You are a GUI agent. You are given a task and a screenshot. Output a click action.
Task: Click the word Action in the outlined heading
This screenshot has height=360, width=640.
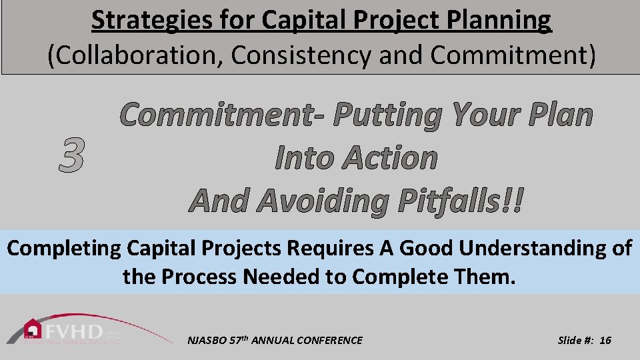click(391, 158)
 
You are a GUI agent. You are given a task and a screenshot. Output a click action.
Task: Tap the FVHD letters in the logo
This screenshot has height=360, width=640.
click(74, 331)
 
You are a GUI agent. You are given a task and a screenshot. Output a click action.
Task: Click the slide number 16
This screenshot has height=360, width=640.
click(605, 340)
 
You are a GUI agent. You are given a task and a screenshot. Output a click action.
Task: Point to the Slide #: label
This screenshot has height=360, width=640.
click(575, 340)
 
